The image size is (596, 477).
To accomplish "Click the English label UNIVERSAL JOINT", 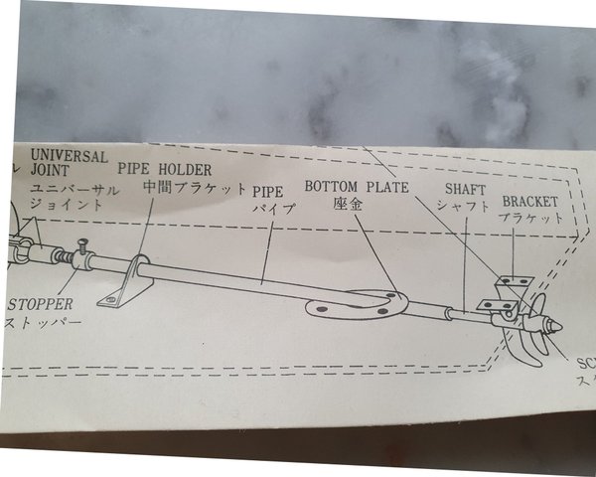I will coord(68,162).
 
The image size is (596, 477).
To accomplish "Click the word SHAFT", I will coord(464,189).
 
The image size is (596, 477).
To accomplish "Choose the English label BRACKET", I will coord(529,201).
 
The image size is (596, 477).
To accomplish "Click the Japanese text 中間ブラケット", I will coord(194,187).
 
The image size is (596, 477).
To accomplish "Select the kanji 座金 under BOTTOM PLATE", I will coord(346,203).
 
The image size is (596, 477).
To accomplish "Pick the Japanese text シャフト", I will coord(463,206).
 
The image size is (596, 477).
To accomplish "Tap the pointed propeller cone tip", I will coord(558,326).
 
